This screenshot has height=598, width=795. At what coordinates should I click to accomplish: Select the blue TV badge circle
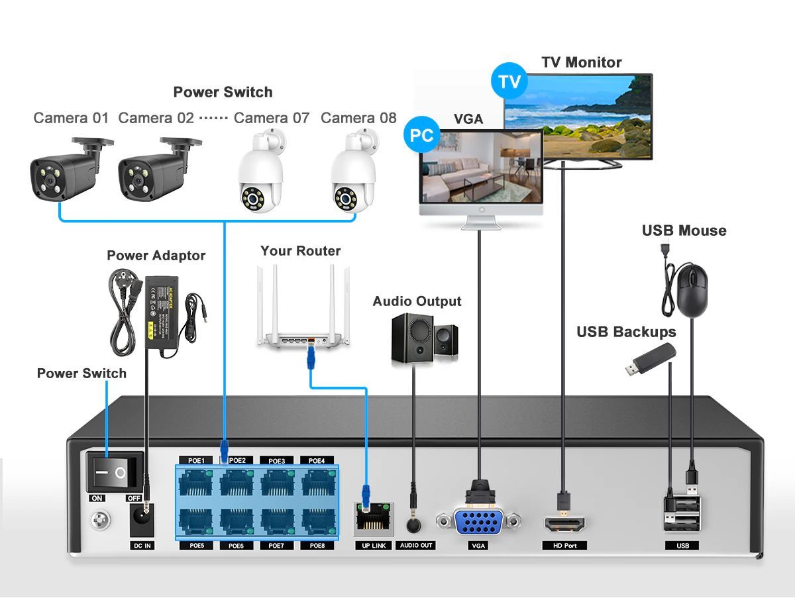tap(509, 81)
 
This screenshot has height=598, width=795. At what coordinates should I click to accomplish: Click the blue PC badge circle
tap(421, 136)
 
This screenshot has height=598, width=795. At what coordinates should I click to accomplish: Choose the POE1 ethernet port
tap(197, 483)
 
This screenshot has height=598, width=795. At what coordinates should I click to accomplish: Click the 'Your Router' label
tap(300, 251)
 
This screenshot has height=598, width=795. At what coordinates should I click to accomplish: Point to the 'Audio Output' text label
tap(417, 301)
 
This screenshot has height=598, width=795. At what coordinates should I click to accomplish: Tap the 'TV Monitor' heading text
tap(581, 62)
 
